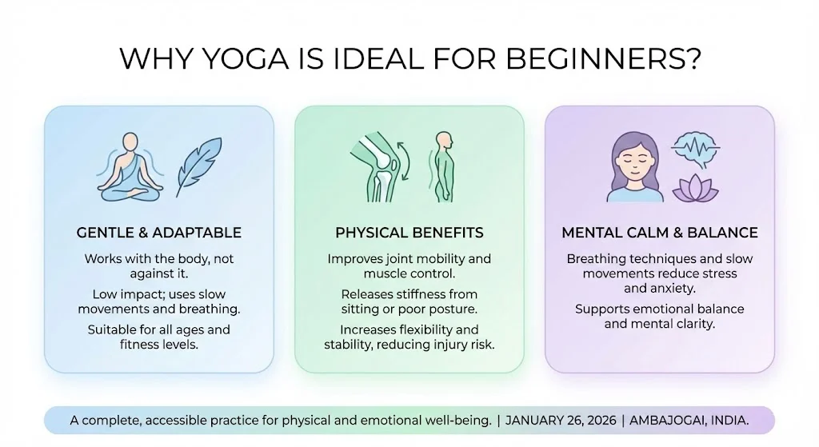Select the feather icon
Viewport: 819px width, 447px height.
(x=198, y=167)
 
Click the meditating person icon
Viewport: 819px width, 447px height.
(x=130, y=166)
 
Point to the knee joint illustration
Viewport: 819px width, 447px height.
(x=374, y=166)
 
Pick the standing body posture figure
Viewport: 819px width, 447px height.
(x=443, y=166)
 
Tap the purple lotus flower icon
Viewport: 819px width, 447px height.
(x=695, y=188)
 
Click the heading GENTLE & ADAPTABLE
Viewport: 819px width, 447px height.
(x=159, y=233)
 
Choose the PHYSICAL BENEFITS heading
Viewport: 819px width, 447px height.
(x=409, y=233)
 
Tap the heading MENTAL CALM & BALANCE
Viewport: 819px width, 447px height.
(x=660, y=233)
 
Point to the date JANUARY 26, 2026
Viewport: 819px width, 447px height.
(x=561, y=421)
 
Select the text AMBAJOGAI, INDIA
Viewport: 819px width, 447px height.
(x=689, y=421)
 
